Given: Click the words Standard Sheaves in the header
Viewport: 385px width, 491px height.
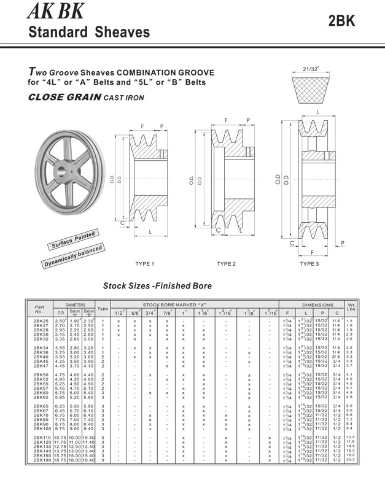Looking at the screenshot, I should coord(89,31).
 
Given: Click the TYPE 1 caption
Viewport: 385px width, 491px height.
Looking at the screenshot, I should coord(144,264).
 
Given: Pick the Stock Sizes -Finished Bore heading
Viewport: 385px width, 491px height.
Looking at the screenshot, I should coord(157,285).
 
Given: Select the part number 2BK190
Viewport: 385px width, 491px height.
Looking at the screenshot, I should coord(42,460).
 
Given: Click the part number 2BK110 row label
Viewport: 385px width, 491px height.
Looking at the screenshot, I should coord(42,438).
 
